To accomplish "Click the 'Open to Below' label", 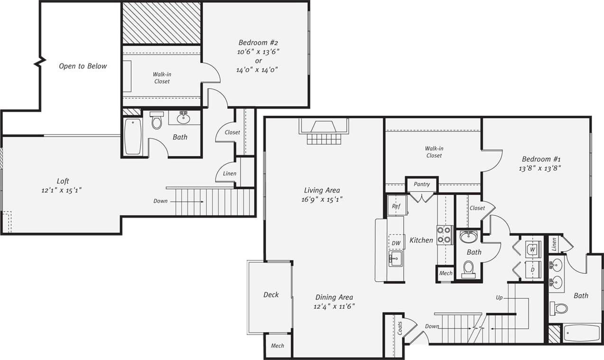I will point(83,66).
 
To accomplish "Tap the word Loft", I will point(63,181).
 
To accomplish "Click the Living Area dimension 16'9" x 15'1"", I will point(322,200).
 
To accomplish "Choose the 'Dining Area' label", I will point(334,297).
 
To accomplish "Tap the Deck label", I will point(271,295).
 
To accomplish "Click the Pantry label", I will point(421,184).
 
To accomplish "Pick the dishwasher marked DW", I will point(396,243).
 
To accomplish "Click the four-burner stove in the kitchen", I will point(445,235).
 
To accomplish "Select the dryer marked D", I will point(532,269).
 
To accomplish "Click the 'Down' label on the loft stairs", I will point(160,201).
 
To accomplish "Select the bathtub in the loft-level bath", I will point(133,136).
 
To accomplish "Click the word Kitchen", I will point(421,240).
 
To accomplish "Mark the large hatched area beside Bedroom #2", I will point(161,23).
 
